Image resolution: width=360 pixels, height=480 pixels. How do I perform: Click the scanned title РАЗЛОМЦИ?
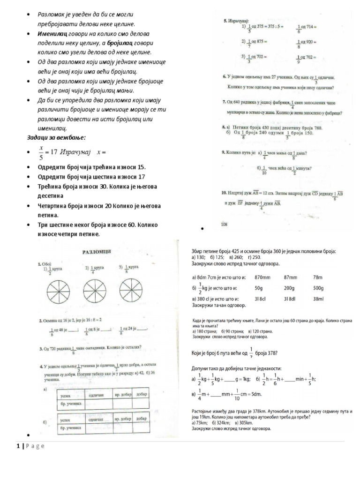tap(97, 251)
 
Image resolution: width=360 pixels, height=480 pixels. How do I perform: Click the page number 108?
tap(224, 225)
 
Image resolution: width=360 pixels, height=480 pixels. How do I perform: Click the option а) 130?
tap(199, 257)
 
